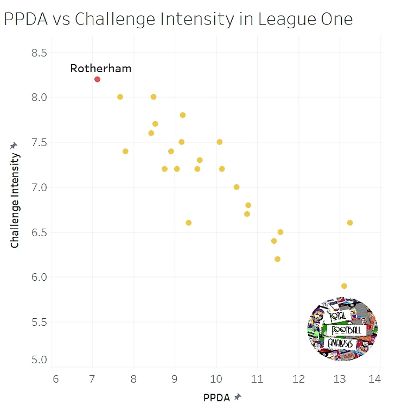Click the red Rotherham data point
click(97, 79)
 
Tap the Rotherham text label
click(100, 68)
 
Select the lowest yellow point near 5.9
click(344, 286)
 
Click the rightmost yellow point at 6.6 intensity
click(350, 223)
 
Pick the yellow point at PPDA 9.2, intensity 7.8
click(183, 115)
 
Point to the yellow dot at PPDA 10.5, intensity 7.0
click(237, 187)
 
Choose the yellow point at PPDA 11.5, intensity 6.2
click(277, 259)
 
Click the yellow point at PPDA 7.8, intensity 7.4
click(125, 152)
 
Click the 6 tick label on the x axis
click(55, 380)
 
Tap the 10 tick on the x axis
click(216, 380)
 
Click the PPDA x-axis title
click(216, 398)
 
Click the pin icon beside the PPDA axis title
click(237, 398)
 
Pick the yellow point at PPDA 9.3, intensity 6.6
click(188, 223)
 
